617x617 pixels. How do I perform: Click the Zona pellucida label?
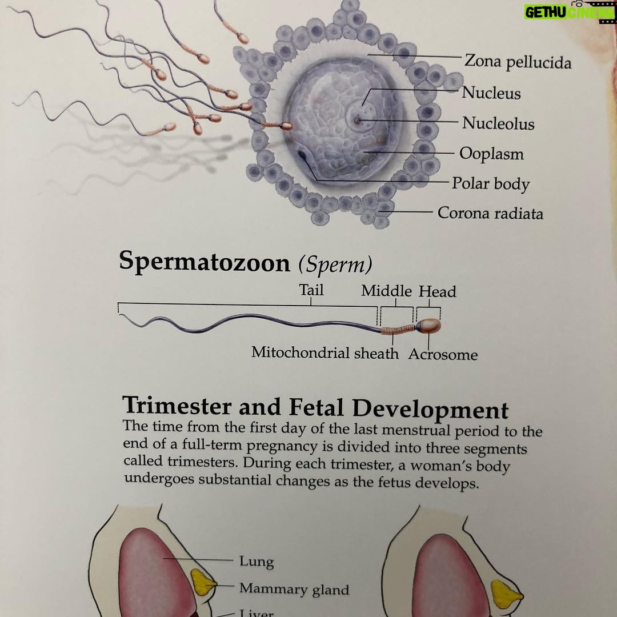518,62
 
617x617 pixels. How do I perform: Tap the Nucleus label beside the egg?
491,93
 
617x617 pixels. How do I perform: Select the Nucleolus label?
498,123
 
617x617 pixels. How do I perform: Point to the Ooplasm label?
491,154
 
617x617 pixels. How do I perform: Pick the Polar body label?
491,184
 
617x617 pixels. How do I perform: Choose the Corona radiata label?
490,213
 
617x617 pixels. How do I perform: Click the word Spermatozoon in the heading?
205,262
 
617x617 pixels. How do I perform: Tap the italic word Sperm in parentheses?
335,264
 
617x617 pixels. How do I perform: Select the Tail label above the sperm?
311,290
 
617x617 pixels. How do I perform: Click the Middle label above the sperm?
386,291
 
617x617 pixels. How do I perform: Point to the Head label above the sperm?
437,291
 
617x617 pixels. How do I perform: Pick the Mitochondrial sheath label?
325,352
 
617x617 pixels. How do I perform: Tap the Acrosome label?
443,355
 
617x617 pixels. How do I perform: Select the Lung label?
257,561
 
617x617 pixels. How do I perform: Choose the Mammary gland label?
294,588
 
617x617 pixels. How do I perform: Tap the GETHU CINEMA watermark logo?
570,12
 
